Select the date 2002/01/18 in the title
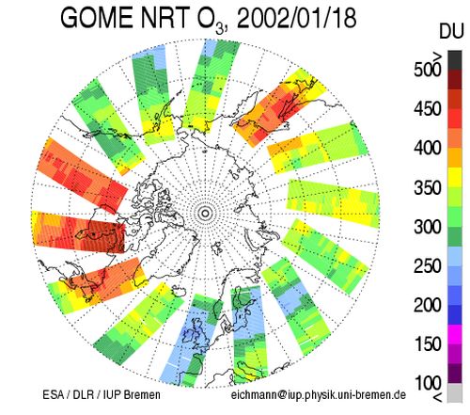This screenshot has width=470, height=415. coord(297,18)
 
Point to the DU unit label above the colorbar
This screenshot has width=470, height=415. coord(451,32)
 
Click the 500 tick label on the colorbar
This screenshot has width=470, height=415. coord(427,70)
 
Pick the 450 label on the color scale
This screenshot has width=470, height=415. coord(427,109)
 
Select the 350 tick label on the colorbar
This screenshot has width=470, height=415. coord(427,188)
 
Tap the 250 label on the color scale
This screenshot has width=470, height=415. coord(427,266)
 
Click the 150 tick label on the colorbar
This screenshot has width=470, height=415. coord(427,344)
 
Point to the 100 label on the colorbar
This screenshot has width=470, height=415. coord(427,383)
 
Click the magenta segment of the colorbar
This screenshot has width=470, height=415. coord(455,334)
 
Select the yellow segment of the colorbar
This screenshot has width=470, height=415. coord(455,177)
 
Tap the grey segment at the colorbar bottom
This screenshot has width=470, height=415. coord(455,392)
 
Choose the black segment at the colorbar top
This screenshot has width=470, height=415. coord(455,60)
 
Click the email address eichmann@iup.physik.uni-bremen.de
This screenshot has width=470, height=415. coord(319,395)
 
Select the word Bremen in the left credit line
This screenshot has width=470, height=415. coord(142,394)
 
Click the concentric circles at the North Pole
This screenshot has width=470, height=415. coord(205,214)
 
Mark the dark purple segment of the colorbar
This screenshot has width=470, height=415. coord(455,374)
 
